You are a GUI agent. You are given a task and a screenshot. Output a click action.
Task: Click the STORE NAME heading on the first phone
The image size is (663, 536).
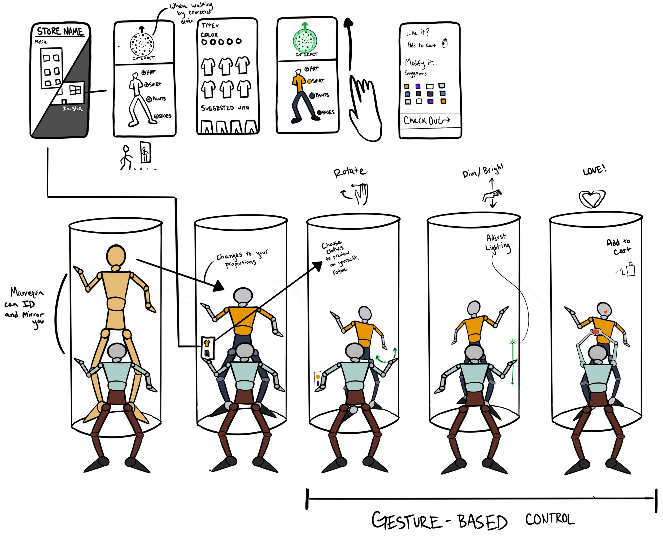tap(60, 32)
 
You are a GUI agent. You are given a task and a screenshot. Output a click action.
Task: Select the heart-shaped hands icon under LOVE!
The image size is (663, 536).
tap(592, 199)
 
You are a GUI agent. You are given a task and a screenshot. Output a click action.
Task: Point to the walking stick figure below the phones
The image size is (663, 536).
tap(125, 158)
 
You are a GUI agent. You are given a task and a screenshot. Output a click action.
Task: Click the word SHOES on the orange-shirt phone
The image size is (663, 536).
tap(328, 113)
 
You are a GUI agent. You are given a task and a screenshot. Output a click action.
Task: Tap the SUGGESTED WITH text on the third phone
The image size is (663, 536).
tap(225, 108)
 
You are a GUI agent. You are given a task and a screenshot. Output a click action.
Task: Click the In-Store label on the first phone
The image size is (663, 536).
tap(73, 109)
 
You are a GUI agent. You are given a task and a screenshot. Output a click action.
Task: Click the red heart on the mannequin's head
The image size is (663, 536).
tap(605, 311)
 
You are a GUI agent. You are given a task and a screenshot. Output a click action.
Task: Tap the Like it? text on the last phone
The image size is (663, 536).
tap(417, 32)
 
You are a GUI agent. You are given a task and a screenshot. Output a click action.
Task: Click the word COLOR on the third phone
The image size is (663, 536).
tap(209, 34)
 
